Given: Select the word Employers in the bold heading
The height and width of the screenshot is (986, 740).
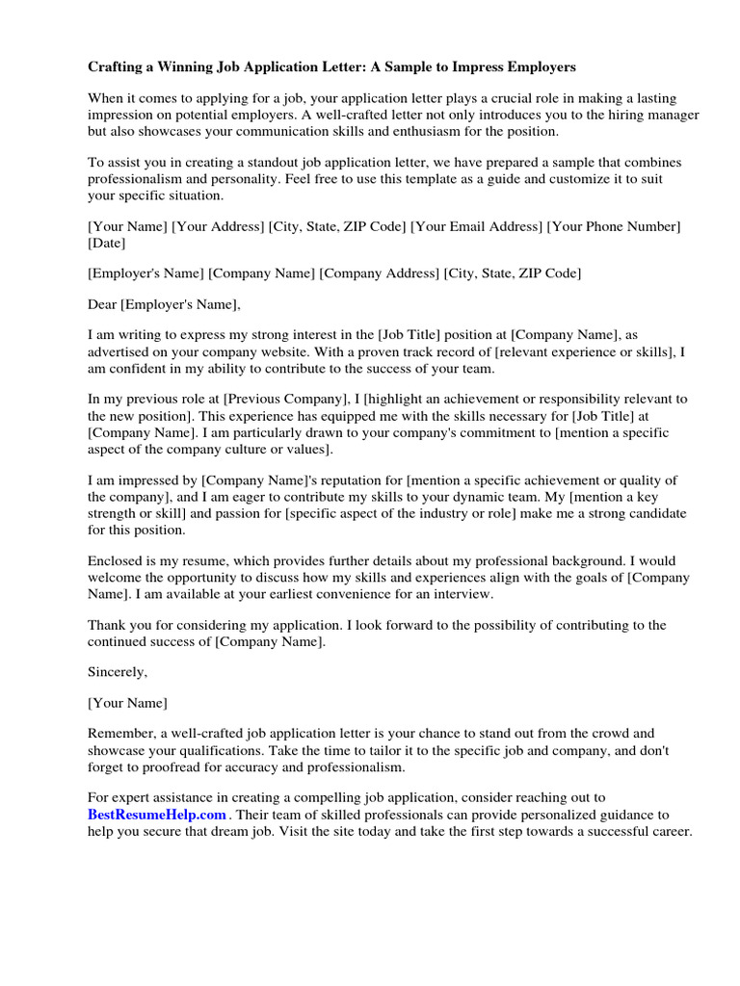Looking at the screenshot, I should pos(542,67).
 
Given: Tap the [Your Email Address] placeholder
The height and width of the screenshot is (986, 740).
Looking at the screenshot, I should pos(476,226).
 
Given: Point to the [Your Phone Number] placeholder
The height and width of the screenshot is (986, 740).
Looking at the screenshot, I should pos(615,226).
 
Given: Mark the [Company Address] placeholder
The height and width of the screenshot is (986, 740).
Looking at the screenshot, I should pos(380,273).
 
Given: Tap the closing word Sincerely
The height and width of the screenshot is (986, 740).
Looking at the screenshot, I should pos(118,671).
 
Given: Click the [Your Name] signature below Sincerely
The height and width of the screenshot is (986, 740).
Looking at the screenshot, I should pos(127,702).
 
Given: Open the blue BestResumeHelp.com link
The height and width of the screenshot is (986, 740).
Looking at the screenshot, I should pos(157,814).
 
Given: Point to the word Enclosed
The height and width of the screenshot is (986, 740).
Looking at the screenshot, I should pos(115,559).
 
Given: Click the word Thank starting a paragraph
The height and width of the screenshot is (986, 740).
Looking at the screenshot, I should pos(106,625).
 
